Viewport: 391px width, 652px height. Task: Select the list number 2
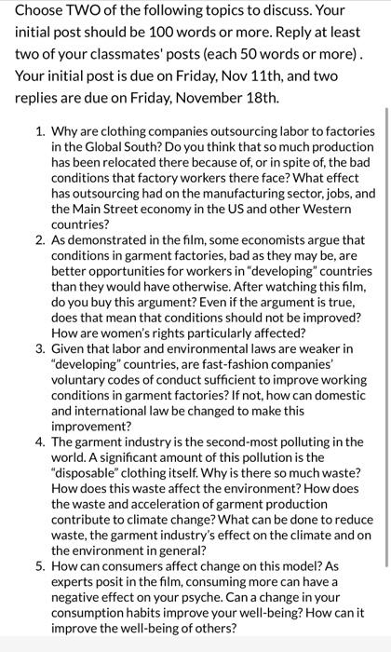point(40,238)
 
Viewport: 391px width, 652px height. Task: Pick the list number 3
point(40,347)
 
